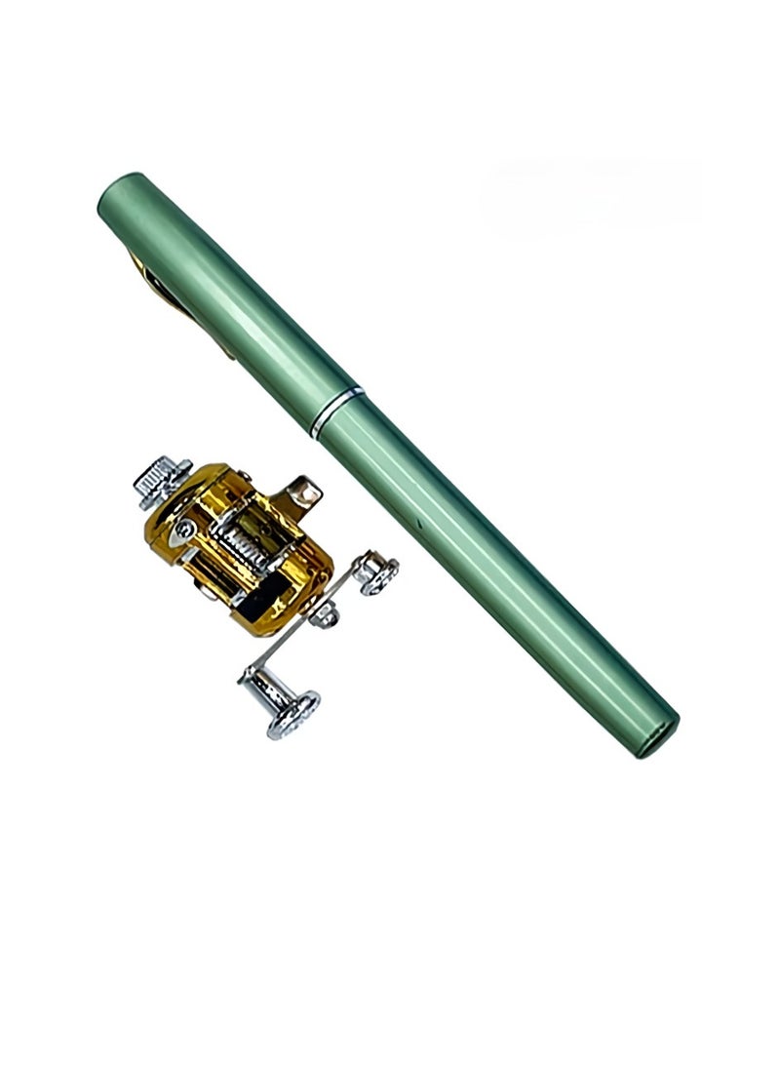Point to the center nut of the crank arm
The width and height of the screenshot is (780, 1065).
(x=326, y=614)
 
